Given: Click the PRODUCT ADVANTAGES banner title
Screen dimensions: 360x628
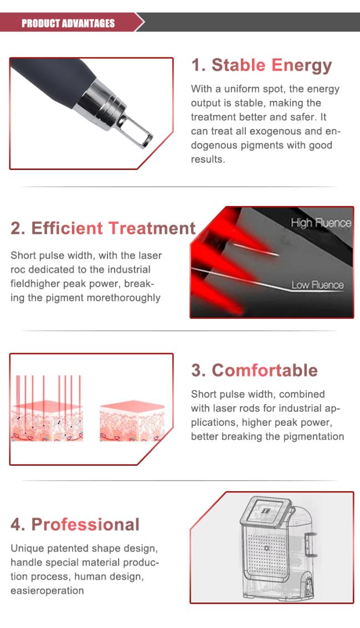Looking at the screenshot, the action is pos(68,23).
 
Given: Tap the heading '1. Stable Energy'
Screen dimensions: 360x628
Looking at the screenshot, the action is pos(261,66).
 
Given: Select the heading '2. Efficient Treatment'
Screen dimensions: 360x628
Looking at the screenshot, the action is pos(104,228).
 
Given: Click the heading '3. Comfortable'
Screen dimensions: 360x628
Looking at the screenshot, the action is pos(254,370).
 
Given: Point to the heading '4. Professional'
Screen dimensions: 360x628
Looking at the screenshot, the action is pos(75,524).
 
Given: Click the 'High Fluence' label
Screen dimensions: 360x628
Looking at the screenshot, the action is pos(321,223).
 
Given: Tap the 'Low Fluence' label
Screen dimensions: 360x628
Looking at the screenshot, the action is pos(317,285).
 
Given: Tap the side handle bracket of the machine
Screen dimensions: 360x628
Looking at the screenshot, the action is pos(312,545).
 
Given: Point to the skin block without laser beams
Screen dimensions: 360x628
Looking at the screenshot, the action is pos(132,421).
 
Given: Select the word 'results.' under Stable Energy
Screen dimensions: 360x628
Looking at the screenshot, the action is pos(208,159).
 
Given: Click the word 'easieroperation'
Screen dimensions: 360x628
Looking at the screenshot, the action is pos(47,591).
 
